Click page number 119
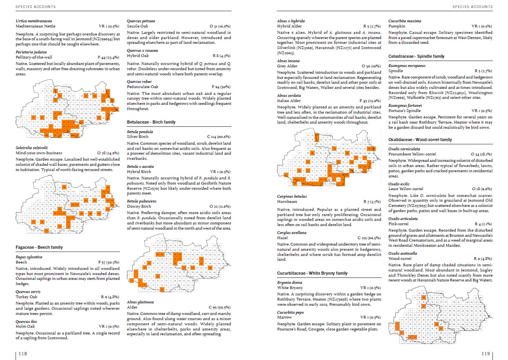click(485, 353)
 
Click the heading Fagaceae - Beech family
click(39, 247)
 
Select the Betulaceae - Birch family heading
click(151, 122)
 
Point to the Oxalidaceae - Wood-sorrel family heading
click(420, 140)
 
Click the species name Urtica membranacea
click(34, 21)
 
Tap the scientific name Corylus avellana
click(292, 232)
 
